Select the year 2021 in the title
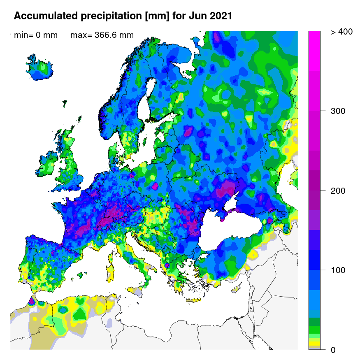pyautogui.click(x=218, y=16)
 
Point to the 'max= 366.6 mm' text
pyautogui.click(x=102, y=35)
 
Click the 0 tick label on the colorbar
pyautogui.click(x=333, y=350)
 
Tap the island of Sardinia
pyautogui.click(x=110, y=274)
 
